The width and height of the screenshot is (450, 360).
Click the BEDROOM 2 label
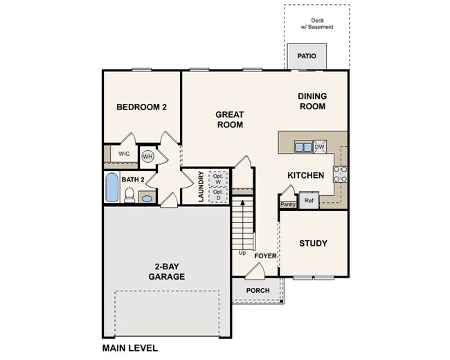click(141, 107)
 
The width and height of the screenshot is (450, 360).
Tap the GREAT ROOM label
click(229, 120)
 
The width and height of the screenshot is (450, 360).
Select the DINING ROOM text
click(312, 101)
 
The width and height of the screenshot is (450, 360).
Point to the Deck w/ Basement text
click(316, 24)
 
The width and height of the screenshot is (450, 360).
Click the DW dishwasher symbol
click(319, 147)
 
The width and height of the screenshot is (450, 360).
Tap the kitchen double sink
click(303, 147)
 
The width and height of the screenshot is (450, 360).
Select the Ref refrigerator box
click(309, 201)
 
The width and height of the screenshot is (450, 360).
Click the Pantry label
click(288, 204)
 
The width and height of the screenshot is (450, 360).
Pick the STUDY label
click(313, 243)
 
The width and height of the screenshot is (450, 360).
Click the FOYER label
click(265, 255)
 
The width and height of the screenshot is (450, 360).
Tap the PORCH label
click(258, 290)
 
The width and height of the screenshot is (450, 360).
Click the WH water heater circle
click(147, 156)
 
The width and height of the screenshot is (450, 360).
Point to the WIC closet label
click(124, 154)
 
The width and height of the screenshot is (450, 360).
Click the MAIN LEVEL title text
click(129, 348)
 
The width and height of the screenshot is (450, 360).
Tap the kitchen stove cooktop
click(340, 173)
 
